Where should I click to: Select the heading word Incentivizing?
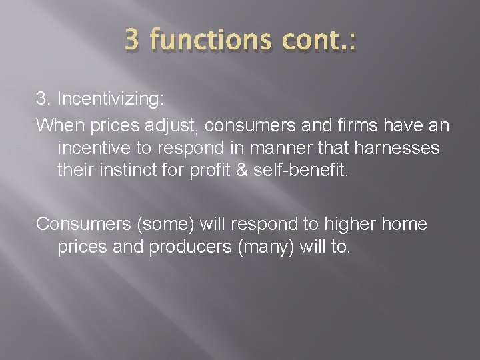pyautogui.click(x=109, y=99)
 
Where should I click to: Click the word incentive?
pyautogui.click(x=97, y=148)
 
